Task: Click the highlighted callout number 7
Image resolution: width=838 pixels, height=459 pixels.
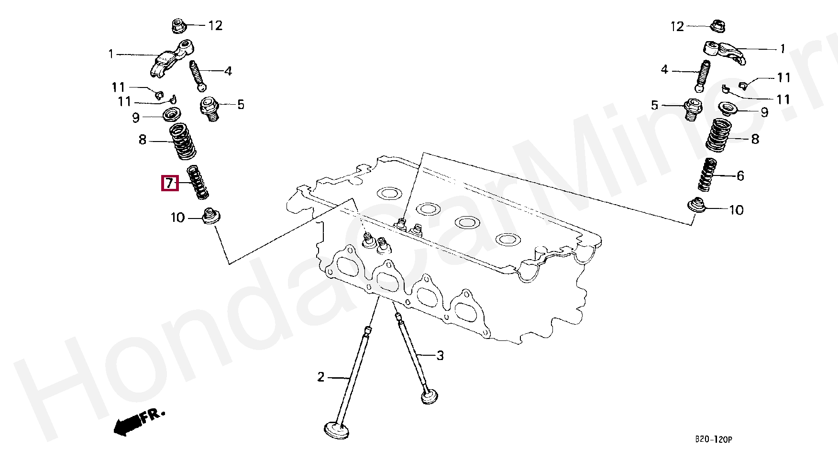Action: [x=170, y=184]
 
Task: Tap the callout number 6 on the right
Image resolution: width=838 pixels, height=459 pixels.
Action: [x=740, y=176]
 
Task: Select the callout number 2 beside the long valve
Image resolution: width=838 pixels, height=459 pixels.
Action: [x=320, y=377]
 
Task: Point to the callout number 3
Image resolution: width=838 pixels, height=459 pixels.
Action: [x=440, y=356]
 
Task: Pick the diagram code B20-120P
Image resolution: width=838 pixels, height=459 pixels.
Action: [x=713, y=439]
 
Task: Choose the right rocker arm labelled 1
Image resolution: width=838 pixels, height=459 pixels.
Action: [x=722, y=52]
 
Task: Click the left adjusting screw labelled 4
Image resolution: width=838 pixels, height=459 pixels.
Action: [x=199, y=75]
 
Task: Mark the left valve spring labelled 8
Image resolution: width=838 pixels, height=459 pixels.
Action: [x=183, y=141]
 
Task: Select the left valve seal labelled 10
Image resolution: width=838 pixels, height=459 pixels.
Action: [x=210, y=216]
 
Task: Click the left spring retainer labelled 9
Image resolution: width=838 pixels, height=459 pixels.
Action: [x=172, y=115]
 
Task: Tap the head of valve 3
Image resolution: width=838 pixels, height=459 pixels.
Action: [x=430, y=396]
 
